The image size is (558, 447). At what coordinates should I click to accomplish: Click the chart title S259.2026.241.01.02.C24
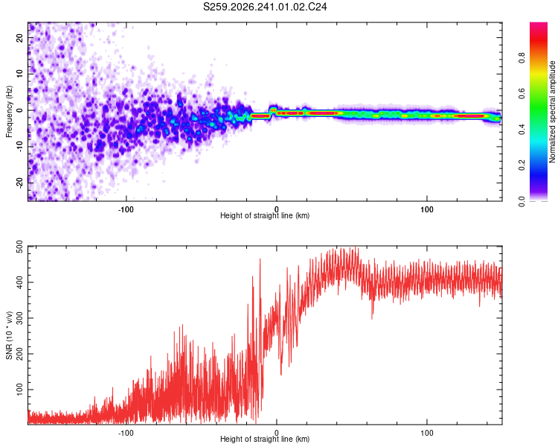pos(265,7)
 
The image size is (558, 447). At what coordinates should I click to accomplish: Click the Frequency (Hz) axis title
pos(9,112)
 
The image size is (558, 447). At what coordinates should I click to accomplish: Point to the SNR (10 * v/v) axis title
pos(9,335)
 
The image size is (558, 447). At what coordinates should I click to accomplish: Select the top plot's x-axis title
pos(265,215)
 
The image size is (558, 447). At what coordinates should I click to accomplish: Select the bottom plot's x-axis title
pos(265,439)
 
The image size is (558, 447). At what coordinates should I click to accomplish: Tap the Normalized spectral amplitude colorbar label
pos(552,112)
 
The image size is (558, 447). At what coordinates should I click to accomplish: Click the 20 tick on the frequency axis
pos(19,38)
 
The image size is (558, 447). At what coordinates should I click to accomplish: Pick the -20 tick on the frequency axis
pos(19,183)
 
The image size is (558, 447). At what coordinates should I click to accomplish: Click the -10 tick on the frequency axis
pos(19,147)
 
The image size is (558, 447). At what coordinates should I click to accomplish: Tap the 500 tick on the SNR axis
pos(19,247)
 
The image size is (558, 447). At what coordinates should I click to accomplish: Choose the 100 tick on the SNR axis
pos(19,390)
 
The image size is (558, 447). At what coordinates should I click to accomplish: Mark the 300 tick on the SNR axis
pos(19,318)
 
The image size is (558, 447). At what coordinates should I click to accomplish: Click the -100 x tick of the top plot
pos(126,209)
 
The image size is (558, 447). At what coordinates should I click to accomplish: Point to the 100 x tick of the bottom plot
pos(427,433)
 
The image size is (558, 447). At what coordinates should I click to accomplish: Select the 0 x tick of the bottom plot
pos(277,433)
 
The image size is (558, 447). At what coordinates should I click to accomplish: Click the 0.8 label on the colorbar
pos(522,58)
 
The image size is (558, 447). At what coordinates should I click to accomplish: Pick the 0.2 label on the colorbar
pos(522,165)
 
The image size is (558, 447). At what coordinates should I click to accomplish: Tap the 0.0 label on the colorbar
pos(522,201)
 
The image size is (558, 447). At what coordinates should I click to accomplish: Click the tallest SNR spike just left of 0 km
pos(260,259)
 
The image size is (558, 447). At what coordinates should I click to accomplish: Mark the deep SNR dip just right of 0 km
pos(281,374)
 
